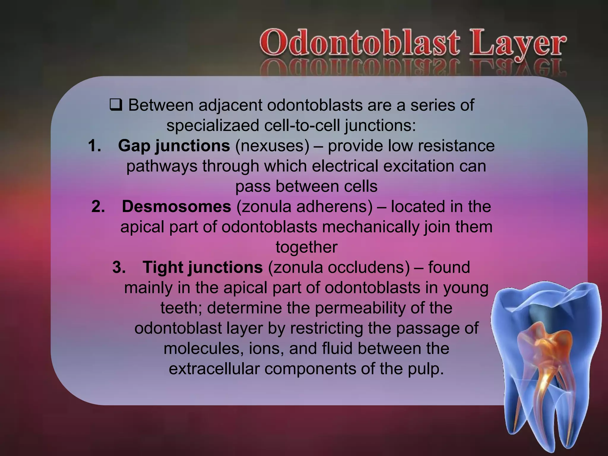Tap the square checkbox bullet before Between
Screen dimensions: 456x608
(116, 106)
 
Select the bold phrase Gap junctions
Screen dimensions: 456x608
(174, 146)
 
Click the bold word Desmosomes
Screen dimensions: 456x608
(176, 207)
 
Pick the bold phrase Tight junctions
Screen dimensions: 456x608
(202, 267)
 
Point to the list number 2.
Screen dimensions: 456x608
(98, 207)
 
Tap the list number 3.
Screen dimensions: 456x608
(119, 267)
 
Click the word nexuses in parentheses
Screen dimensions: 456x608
(272, 146)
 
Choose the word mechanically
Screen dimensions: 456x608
(370, 227)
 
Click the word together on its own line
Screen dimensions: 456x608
(306, 247)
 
